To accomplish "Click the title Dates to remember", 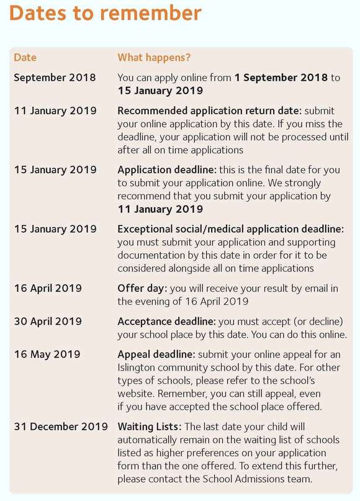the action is [x=106, y=13].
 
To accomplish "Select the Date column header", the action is [x=25, y=58].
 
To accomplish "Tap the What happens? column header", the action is [x=154, y=58].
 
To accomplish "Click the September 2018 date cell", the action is [x=55, y=78].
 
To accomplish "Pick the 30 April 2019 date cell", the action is [x=48, y=322].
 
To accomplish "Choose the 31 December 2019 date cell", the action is [x=60, y=427].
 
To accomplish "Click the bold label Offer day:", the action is [x=142, y=289].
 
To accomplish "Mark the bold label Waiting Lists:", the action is [x=149, y=427].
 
